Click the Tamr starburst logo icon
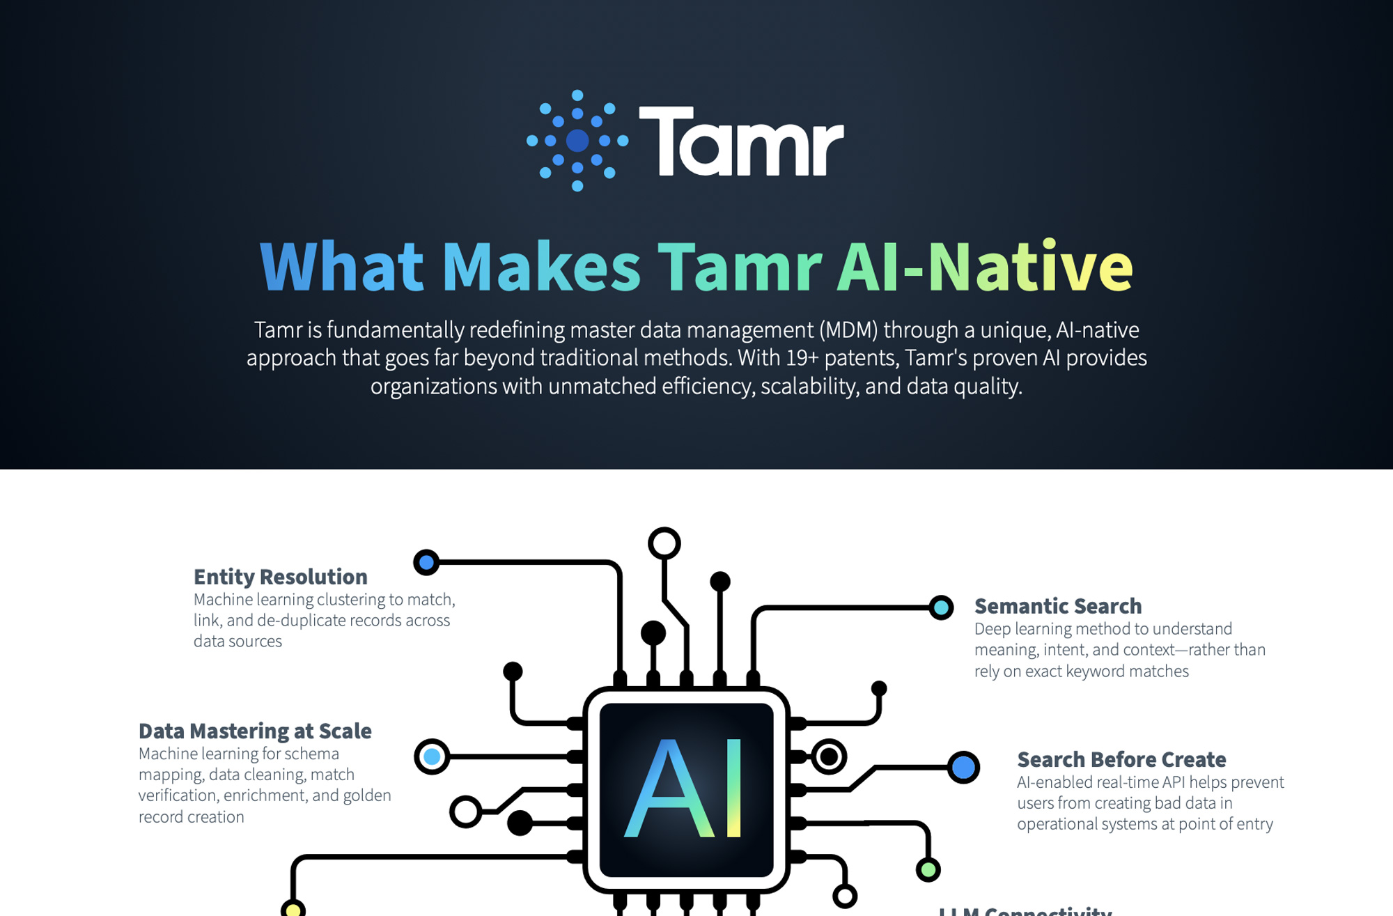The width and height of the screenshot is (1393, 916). pos(577,140)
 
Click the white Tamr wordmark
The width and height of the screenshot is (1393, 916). pos(741,141)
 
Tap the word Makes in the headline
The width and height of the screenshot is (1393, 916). pos(541,267)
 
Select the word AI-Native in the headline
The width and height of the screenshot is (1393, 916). pos(985,267)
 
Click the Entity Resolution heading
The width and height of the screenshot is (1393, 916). pos(280,577)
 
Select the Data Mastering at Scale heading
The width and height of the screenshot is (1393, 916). pos(255,731)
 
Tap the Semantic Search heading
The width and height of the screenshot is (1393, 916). pos(1057,606)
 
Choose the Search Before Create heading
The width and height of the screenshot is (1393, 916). pos(1121,759)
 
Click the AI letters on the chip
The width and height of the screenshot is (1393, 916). pos(685,789)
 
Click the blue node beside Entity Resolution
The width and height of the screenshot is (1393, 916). pos(426,562)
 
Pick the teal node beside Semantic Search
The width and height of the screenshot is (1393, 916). pos(941,607)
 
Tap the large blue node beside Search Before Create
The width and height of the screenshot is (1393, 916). pos(963,767)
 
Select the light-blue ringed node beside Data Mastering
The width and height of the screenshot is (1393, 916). pos(432,756)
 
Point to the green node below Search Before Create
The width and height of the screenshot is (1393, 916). pos(928,869)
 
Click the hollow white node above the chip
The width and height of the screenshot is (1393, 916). pos(664,543)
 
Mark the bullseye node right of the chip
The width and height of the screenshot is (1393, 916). pos(829,756)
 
